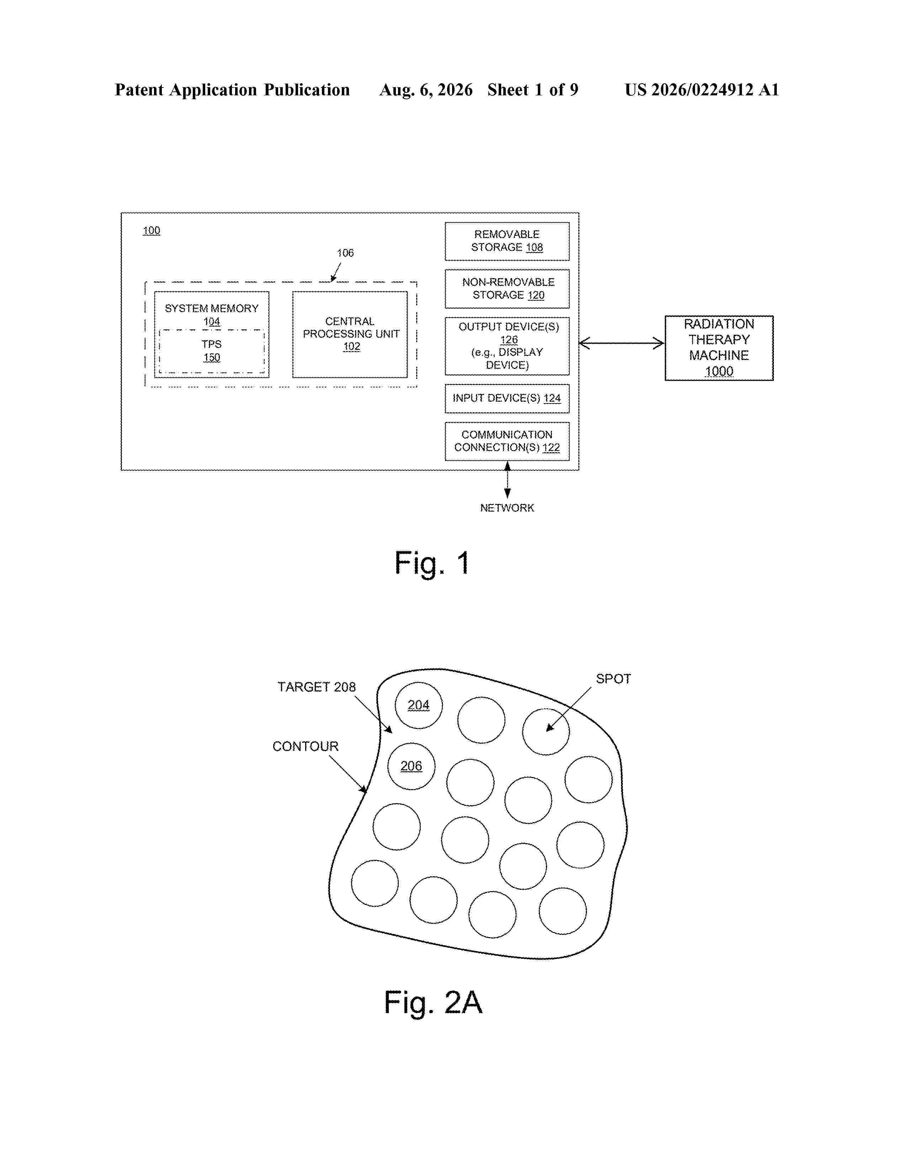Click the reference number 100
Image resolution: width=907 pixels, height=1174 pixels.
(x=152, y=231)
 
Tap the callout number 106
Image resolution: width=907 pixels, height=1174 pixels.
(x=345, y=253)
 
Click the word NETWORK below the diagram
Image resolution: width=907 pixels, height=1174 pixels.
(x=507, y=508)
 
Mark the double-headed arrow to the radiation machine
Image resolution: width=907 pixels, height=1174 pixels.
(x=622, y=343)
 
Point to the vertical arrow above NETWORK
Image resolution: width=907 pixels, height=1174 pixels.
(x=507, y=480)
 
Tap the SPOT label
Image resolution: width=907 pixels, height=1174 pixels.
(x=613, y=679)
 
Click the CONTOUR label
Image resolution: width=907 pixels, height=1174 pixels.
(x=305, y=746)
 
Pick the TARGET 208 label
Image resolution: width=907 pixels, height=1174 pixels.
(x=317, y=687)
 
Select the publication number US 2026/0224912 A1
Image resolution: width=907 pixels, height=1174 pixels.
(x=702, y=90)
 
